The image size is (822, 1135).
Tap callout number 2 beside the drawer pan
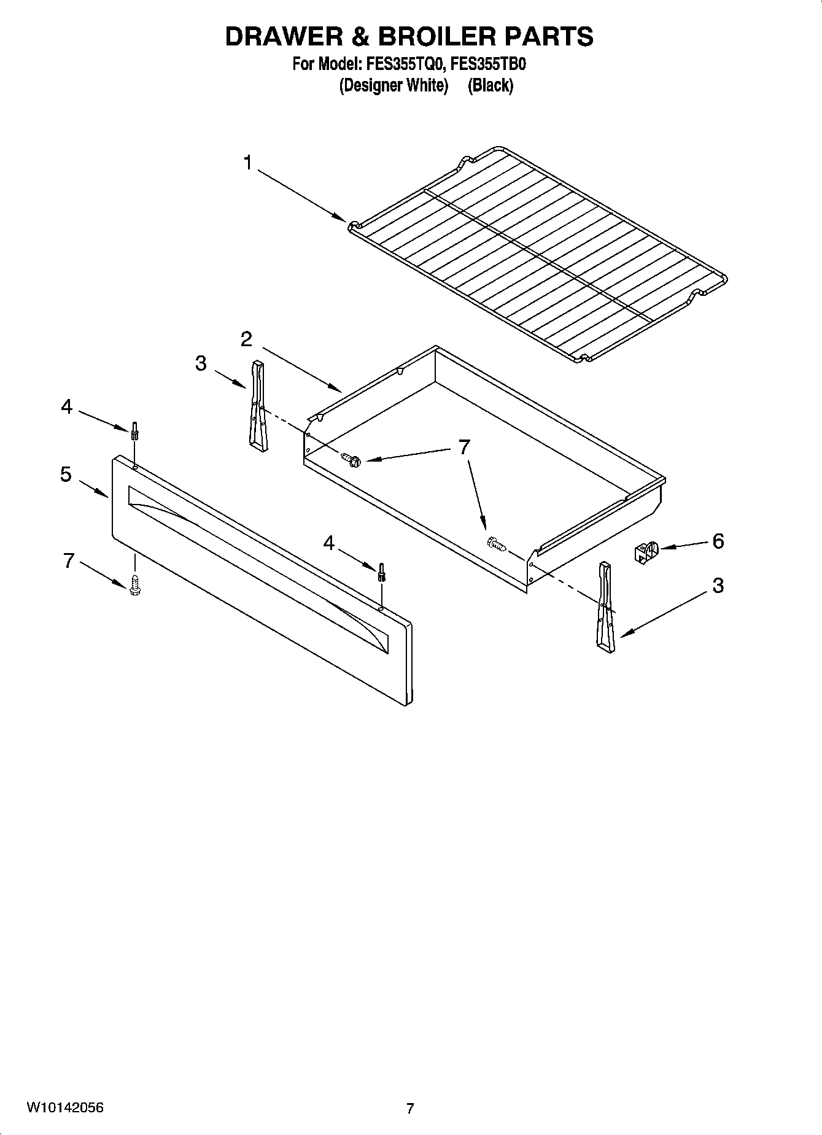tap(246, 339)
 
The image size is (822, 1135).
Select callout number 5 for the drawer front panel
tap(66, 475)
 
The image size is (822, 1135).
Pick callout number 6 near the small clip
tap(718, 541)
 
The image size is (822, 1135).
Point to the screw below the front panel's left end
tap(135, 584)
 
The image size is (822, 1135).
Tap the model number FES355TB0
tap(489, 64)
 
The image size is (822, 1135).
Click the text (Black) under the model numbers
tap(490, 85)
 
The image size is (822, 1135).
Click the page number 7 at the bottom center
tap(410, 1109)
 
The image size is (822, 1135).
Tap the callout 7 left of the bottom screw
tap(69, 560)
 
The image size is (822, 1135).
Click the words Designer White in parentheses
tap(394, 85)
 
